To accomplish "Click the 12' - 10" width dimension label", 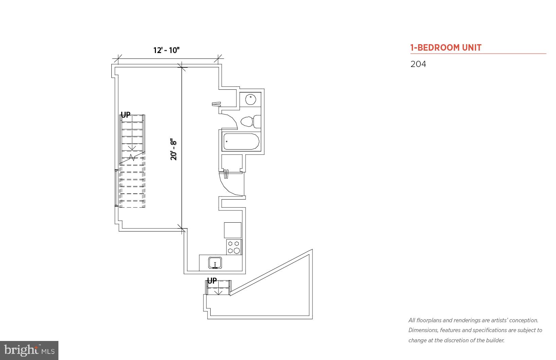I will pyautogui.click(x=166, y=50).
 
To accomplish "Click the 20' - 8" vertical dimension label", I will pyautogui.click(x=174, y=149).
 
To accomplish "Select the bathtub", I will pyautogui.click(x=241, y=141).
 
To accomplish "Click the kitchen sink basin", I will pyautogui.click(x=215, y=262).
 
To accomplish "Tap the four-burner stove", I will pyautogui.click(x=234, y=247).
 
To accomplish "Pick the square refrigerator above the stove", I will pyautogui.click(x=233, y=230).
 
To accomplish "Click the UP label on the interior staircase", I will pyautogui.click(x=126, y=115).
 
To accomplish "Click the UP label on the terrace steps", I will pyautogui.click(x=212, y=281).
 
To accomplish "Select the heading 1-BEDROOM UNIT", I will pyautogui.click(x=446, y=48).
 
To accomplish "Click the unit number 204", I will pyautogui.click(x=418, y=64).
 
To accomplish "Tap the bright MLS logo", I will pyautogui.click(x=29, y=350).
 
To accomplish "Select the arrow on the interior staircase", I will pyautogui.click(x=132, y=148).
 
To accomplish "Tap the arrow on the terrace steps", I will pyautogui.click(x=218, y=291).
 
